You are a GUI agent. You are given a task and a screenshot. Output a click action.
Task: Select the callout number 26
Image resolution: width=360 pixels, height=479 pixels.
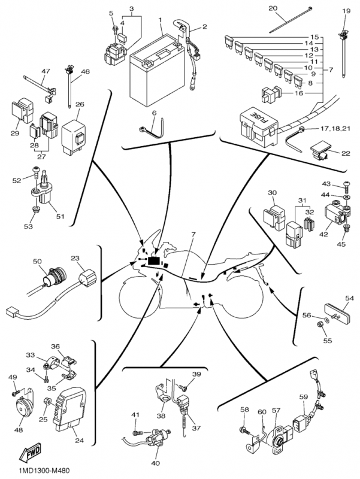[79, 104]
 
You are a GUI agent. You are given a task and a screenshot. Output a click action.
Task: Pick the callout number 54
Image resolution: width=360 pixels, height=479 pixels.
[349, 297]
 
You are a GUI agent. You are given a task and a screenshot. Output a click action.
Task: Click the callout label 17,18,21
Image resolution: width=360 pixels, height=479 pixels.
[334, 128]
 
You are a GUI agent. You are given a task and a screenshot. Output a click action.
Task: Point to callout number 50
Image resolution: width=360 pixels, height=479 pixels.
[37, 262]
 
